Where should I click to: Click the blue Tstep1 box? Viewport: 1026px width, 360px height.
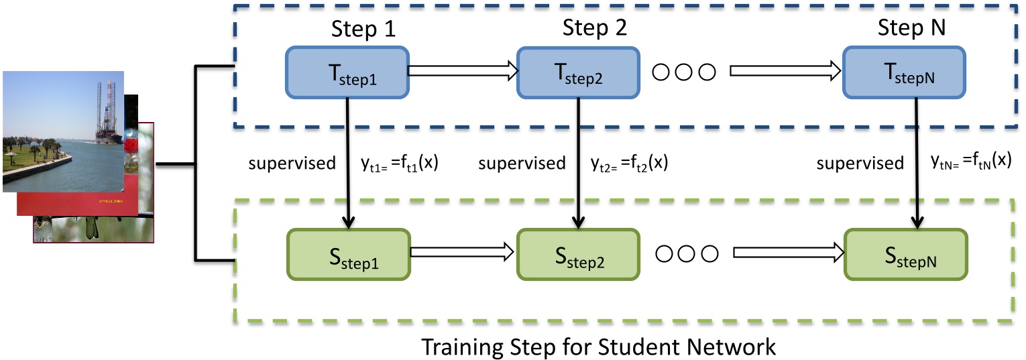(347, 72)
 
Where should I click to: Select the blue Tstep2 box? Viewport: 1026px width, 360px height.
(577, 72)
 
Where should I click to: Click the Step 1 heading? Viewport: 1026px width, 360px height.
(363, 30)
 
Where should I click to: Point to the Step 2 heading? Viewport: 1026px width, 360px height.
(593, 29)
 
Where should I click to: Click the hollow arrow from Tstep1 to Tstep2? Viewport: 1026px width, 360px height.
(463, 69)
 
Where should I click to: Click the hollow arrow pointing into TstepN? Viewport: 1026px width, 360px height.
(785, 70)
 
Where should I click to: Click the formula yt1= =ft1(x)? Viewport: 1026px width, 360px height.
(394, 164)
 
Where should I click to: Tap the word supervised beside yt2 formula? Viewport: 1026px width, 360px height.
(521, 164)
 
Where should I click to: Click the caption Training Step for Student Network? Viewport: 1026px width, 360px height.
(598, 347)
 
